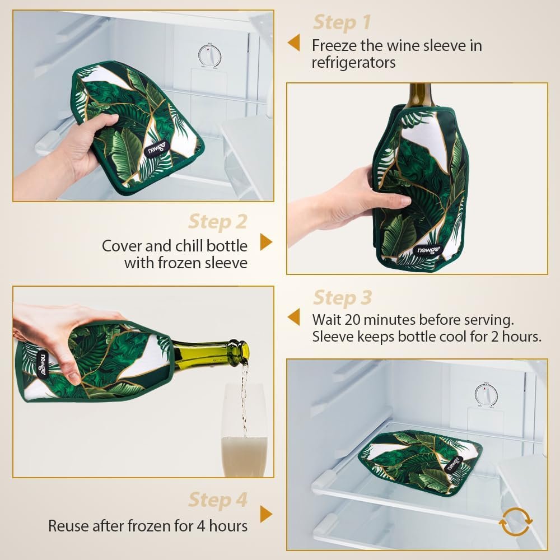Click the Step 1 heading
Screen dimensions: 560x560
[342, 22]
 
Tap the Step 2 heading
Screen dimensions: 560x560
[217, 221]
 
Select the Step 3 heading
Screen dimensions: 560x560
[342, 297]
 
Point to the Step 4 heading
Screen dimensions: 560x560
[217, 500]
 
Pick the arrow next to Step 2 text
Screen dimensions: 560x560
[266, 242]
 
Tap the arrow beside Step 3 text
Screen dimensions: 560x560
[293, 318]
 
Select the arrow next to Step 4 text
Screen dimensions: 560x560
[266, 514]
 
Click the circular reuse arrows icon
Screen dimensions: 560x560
[515, 522]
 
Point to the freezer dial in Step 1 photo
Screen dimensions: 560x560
[209, 55]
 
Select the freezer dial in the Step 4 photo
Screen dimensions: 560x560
[486, 394]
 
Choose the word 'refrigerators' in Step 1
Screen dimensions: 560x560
[353, 62]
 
